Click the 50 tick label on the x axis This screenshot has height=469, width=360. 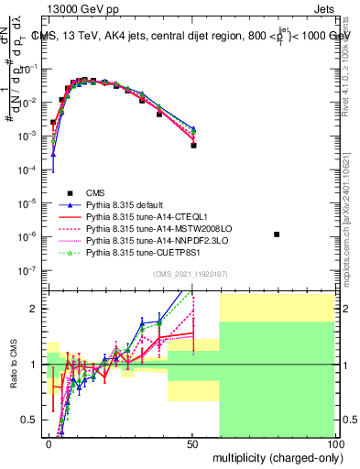[x=193, y=443]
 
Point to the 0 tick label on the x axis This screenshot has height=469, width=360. [x=49, y=443]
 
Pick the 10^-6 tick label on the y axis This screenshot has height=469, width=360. [x=27, y=236]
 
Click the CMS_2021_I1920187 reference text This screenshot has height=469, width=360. [x=191, y=275]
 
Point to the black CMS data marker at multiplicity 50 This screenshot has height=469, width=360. [x=193, y=145]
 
